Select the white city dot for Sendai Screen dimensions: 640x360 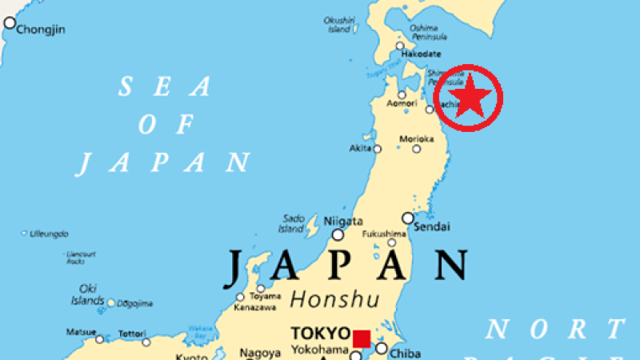(x=408, y=218)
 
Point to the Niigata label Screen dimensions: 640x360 (x=343, y=221)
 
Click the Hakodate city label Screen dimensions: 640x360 (x=421, y=54)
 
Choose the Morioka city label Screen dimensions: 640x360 (x=417, y=138)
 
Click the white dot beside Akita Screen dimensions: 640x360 (x=378, y=149)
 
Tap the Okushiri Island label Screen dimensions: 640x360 (x=339, y=25)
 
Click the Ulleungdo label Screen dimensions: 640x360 (x=49, y=234)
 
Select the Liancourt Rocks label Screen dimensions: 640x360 (x=76, y=258)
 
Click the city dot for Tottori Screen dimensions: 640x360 (x=146, y=342)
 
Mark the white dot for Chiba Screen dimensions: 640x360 (x=382, y=348)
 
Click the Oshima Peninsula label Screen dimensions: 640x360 (x=424, y=31)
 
